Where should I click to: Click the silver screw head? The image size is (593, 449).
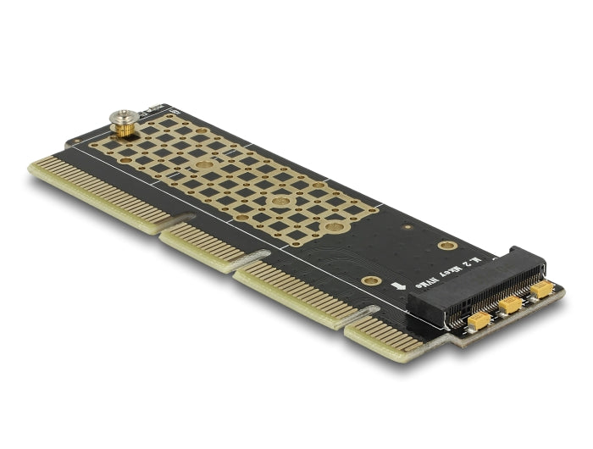[x=122, y=119]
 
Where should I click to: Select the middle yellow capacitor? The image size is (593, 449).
[x=510, y=304]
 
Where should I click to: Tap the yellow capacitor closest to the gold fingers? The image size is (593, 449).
[x=480, y=319]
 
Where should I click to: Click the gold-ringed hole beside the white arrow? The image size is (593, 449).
[x=369, y=280]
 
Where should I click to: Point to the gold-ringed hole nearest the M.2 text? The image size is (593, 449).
[x=447, y=245]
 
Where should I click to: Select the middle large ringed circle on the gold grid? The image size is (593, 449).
[x=280, y=202]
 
